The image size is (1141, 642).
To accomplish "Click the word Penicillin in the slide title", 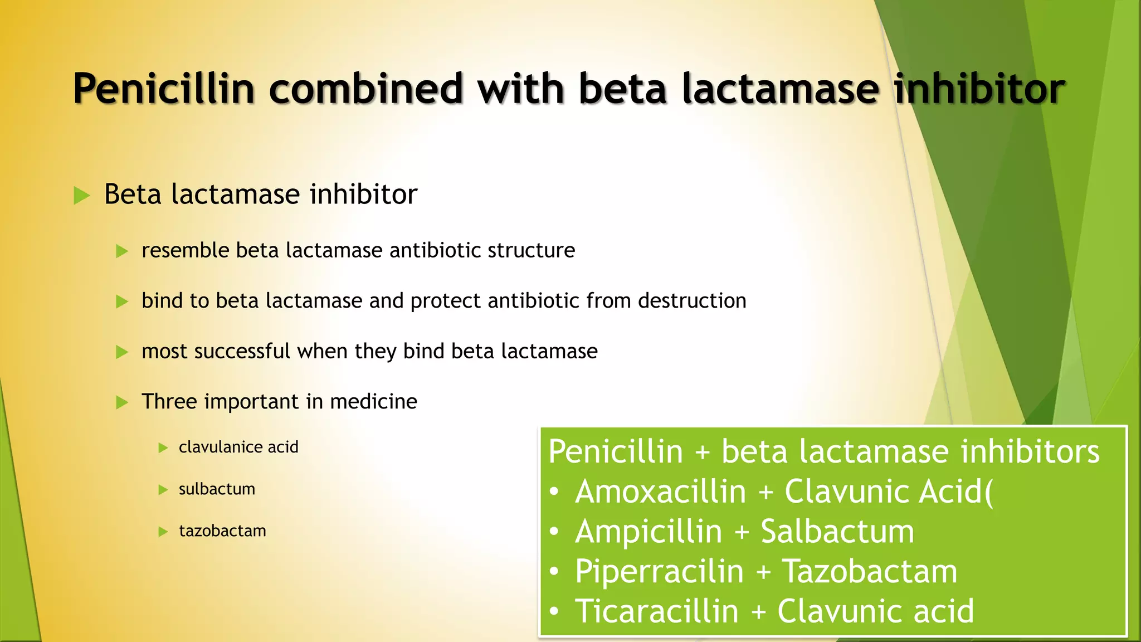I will coord(164,89).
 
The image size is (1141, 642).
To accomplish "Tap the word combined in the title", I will coord(366,89).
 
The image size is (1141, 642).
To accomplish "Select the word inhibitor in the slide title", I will coord(979,89).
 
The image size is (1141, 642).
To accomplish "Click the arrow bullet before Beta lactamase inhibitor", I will coord(82,196).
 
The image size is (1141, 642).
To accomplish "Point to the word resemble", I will coord(185,251).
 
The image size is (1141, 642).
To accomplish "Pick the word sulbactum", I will coord(217,489).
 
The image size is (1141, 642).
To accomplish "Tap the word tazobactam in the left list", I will coord(222,531).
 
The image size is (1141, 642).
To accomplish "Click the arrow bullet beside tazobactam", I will coord(163,532).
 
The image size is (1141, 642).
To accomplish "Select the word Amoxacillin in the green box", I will coord(660,492).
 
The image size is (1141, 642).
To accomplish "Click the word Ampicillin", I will coord(648,532).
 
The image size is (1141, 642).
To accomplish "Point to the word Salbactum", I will coord(837,532).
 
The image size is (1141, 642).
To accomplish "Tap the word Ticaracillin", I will coord(656,611).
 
